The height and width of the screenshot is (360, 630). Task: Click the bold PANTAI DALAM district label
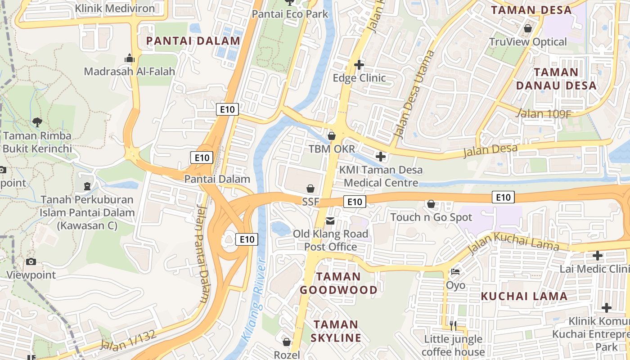click(193, 41)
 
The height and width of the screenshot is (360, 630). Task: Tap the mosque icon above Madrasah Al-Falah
click(130, 58)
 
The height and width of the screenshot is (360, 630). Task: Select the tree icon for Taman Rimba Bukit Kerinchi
click(37, 121)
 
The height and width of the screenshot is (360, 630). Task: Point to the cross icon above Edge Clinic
click(359, 65)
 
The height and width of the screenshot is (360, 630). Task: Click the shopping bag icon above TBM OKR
click(332, 135)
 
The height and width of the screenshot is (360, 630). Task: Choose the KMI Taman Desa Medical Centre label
click(381, 176)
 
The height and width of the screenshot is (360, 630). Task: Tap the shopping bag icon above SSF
click(310, 188)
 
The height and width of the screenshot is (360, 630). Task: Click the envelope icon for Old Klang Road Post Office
click(330, 220)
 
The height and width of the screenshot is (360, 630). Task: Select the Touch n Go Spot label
click(431, 217)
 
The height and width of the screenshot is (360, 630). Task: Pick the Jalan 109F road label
click(543, 113)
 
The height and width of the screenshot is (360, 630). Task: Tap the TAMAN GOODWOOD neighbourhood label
click(339, 283)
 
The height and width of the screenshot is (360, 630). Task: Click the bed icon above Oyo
click(455, 272)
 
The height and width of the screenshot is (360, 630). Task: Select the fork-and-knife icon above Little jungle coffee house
click(453, 325)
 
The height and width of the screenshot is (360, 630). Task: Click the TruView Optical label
click(528, 42)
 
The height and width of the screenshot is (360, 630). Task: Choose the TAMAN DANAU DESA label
click(556, 79)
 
